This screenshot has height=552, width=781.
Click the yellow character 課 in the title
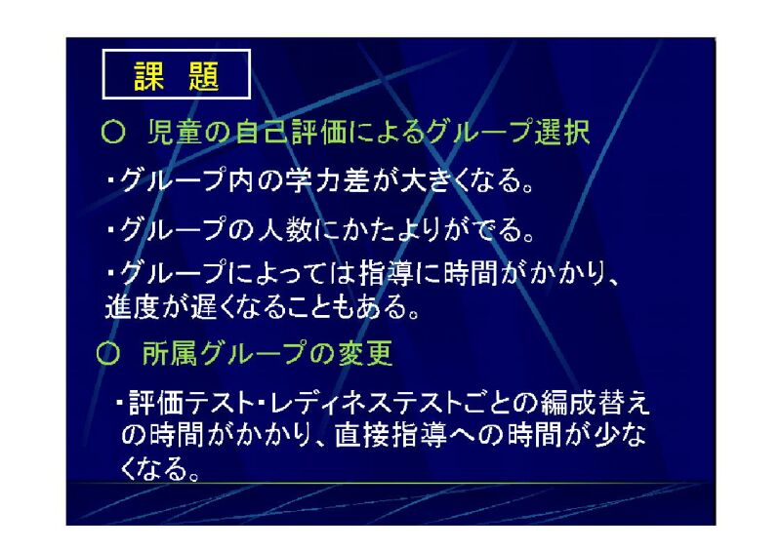[x=149, y=76]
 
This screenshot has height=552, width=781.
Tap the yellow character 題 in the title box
[x=204, y=76]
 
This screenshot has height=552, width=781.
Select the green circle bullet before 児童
[x=112, y=133]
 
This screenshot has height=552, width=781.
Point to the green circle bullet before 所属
[x=108, y=354]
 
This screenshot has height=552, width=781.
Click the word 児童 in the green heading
[x=175, y=133]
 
